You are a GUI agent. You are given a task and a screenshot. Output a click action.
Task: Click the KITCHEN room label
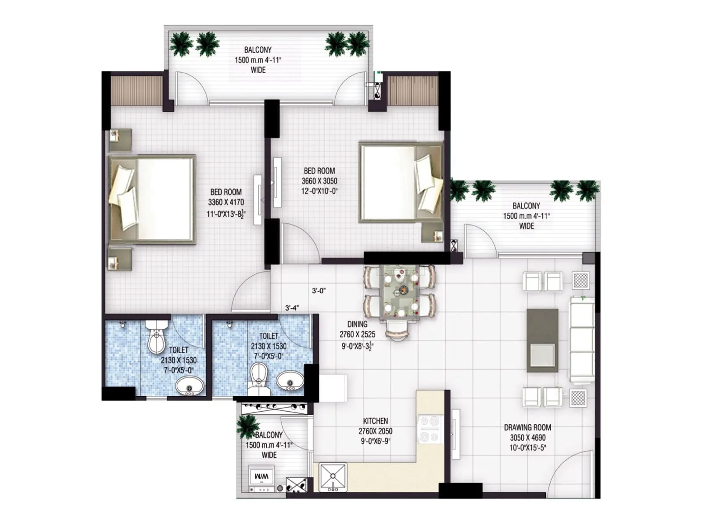point(375,421)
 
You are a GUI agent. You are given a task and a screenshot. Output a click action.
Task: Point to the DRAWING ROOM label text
point(527,427)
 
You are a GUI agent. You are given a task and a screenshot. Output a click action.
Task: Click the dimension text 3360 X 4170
point(226,203)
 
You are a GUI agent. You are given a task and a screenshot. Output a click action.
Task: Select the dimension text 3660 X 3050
point(319,181)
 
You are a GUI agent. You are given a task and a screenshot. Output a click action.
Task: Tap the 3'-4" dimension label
point(292,308)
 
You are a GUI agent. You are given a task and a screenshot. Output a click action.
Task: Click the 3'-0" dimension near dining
point(319,291)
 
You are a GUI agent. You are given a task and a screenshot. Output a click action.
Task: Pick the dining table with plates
point(400,291)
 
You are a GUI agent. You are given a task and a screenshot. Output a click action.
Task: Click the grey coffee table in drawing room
point(543,340)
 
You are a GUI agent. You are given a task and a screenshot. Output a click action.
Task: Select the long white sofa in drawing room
point(582,340)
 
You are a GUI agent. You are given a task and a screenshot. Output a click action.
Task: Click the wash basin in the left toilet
point(190,387)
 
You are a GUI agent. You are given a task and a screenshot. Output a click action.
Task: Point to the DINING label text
point(357,324)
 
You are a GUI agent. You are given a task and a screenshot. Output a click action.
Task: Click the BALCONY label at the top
point(258,50)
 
